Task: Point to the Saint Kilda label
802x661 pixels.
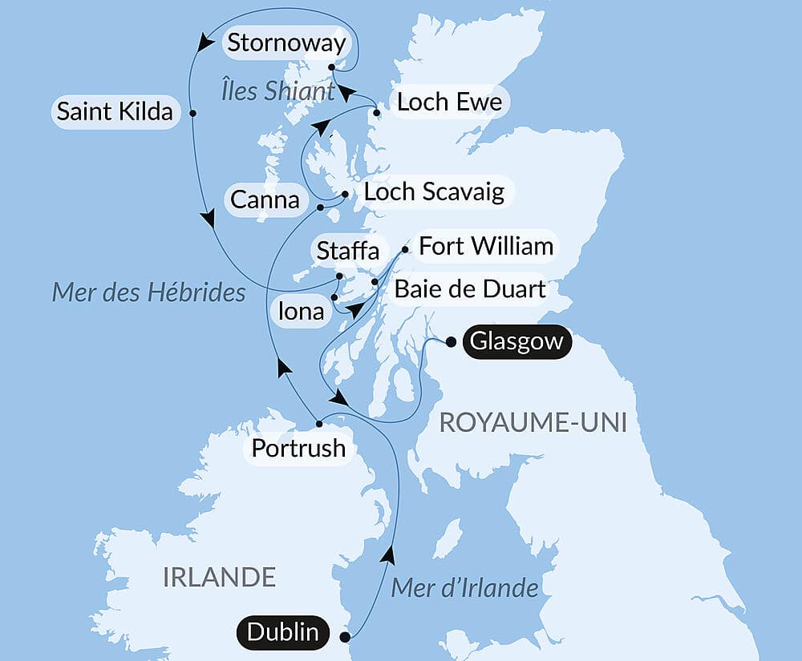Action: (115, 112)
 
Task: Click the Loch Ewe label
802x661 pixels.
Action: (449, 102)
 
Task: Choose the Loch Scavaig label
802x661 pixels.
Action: (434, 191)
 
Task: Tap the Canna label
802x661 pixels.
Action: (265, 199)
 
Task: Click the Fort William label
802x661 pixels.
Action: (486, 245)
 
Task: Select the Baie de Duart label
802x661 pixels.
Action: (470, 288)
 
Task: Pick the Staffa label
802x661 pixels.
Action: (347, 250)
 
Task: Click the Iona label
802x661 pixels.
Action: (302, 310)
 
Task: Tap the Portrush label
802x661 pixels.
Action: (298, 448)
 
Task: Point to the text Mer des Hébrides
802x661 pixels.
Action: (148, 292)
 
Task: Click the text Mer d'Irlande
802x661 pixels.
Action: (464, 588)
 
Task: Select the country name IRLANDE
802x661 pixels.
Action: (219, 576)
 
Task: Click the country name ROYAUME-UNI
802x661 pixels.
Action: (532, 425)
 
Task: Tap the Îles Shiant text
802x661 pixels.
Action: (277, 91)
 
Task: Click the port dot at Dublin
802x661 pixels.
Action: (345, 638)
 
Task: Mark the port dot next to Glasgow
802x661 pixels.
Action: (451, 342)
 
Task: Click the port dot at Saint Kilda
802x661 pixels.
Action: (192, 113)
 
